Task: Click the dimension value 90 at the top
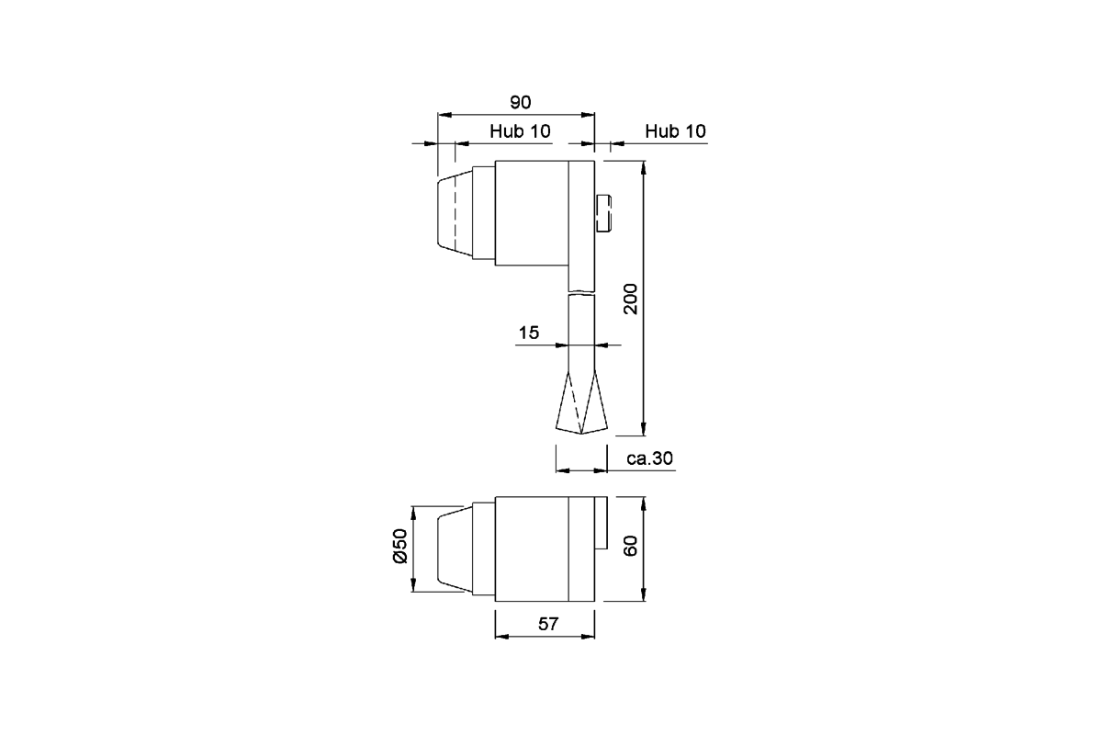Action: pos(521,102)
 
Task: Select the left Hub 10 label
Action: pos(520,131)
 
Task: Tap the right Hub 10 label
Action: pos(675,131)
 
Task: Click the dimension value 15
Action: pos(528,333)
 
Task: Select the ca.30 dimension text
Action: pos(649,458)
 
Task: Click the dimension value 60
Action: pos(631,548)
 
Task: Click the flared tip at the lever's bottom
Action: pos(582,409)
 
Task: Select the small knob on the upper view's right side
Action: pos(603,214)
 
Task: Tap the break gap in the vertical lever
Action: pos(582,291)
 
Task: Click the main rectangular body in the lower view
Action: pos(533,549)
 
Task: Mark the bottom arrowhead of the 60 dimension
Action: pos(644,596)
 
